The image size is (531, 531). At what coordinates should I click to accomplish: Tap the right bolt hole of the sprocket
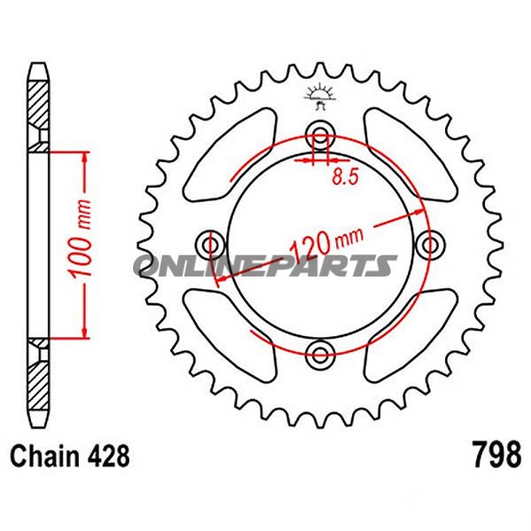[432, 243]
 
